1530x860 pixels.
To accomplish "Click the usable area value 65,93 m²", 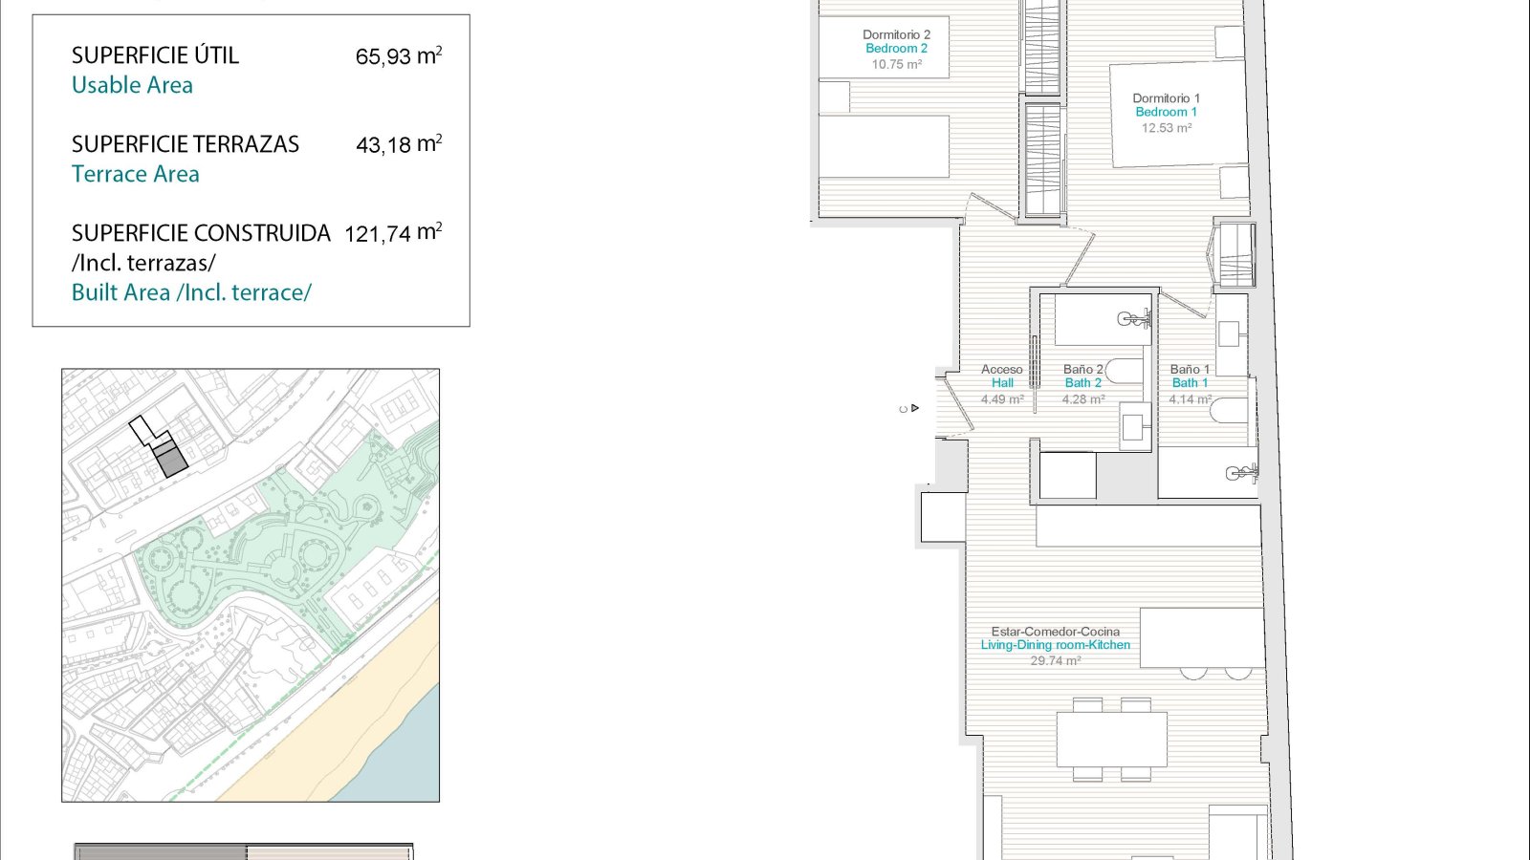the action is pos(398,55).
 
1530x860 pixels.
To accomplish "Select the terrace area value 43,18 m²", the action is pos(399,144).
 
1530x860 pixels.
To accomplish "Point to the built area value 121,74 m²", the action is pos(393,233).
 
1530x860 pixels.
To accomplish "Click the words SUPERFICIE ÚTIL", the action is pos(155,54).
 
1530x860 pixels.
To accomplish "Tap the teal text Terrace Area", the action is pos(135,174).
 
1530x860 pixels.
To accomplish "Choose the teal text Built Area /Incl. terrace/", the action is pos(191,292).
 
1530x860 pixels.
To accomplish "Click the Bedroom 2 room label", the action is pos(896,49).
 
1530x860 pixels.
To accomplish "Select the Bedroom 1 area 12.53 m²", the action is pos(1167,128).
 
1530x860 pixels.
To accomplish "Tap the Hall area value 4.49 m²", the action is pos(1002,399).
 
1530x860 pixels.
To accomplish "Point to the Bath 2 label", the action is pos(1082,383).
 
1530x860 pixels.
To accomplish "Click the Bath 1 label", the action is pos(1190,383).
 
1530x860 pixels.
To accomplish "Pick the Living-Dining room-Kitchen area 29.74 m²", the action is pos(1056,660).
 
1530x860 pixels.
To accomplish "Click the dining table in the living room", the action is pos(1111,740).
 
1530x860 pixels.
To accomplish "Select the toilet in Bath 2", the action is pos(1124,371).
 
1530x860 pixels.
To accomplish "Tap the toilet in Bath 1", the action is pos(1229,410).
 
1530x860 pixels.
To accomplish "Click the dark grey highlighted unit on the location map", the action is pos(170,459).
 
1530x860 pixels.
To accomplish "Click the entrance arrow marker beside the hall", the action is pos(914,408).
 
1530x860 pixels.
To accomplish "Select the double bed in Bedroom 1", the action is pos(1179,114).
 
